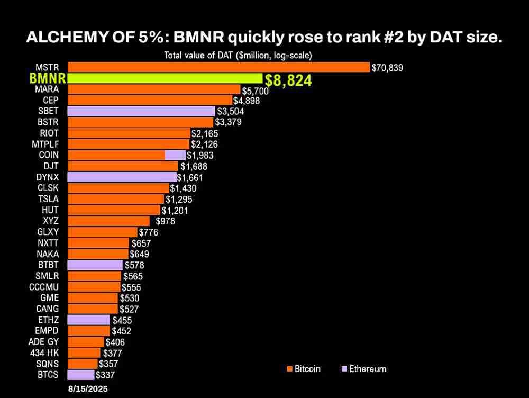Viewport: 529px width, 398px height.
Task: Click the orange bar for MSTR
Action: pos(218,67)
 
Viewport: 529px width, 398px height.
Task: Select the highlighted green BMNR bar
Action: pos(165,78)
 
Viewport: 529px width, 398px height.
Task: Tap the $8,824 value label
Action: pos(288,80)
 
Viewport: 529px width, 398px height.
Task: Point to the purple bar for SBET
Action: pos(141,111)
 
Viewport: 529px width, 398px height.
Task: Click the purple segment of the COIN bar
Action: pos(175,155)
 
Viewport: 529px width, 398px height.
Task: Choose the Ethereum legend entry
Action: pos(364,369)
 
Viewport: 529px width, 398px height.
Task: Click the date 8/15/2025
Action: pos(87,388)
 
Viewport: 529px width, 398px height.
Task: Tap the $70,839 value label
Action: pos(387,68)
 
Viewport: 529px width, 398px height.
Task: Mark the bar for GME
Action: pos(93,298)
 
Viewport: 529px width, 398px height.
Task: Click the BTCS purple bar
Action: pos(81,375)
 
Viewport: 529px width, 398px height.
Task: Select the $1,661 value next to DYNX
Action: pos(190,177)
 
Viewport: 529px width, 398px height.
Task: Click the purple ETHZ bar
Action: pos(89,320)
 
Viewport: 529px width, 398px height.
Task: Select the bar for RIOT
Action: pos(129,133)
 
